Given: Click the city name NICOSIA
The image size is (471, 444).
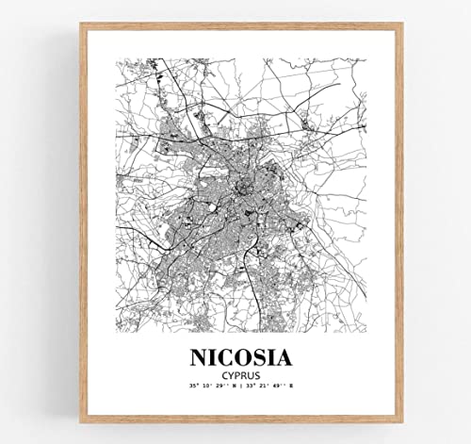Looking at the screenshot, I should click(240, 358).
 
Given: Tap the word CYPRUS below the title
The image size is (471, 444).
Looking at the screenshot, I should click(240, 375).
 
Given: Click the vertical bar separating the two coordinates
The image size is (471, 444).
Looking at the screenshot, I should click(240, 386).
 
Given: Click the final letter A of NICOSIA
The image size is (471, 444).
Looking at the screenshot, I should click(287, 358).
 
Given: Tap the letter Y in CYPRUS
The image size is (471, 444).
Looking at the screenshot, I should click(226, 375).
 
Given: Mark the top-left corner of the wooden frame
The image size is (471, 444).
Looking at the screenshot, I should click(81, 25).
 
